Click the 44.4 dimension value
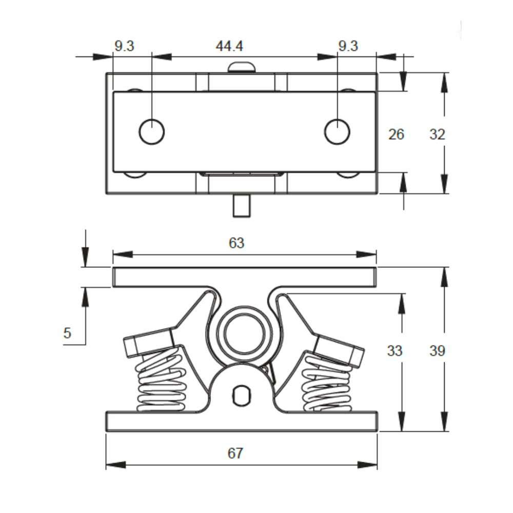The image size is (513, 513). (229, 46)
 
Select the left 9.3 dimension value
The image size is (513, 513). (124, 46)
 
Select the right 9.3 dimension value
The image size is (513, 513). (348, 46)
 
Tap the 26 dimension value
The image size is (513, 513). (396, 134)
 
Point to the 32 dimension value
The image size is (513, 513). (437, 134)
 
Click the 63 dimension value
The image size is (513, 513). (236, 243)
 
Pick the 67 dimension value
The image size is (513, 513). (235, 453)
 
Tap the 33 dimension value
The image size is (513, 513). (394, 351)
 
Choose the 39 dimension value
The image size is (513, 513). (437, 351)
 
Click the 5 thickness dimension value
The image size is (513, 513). (67, 333)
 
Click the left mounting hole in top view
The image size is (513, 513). (152, 131)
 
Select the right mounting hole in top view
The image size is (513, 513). (337, 131)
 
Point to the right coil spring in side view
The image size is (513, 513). (327, 385)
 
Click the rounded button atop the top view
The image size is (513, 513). (242, 67)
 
